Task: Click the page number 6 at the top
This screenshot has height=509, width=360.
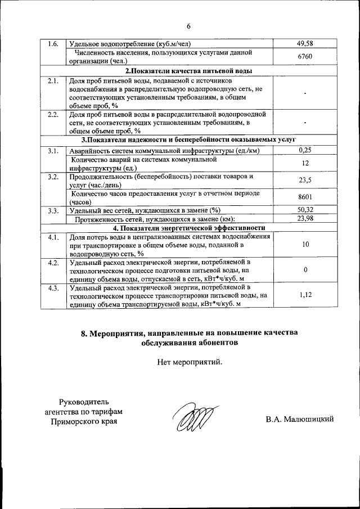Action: coord(189,26)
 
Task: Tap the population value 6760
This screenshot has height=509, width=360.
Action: coord(304,57)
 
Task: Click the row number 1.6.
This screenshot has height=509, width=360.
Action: coord(53,43)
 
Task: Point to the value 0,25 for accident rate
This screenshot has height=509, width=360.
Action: coord(304,150)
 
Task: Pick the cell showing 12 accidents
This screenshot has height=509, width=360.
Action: coord(304,163)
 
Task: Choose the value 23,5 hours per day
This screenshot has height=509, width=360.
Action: coord(304,181)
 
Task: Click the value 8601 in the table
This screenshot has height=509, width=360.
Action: coord(304,197)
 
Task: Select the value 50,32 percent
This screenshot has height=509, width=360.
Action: coord(304,210)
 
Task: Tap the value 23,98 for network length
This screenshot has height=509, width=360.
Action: coord(304,219)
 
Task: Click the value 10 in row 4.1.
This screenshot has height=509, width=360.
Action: coord(305,245)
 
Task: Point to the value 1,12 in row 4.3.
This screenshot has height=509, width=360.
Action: coord(305,294)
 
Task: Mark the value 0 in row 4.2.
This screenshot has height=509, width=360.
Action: coord(305,269)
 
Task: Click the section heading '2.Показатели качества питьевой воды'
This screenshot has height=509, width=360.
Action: coord(188,71)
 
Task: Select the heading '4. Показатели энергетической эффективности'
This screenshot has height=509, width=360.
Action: coord(188,228)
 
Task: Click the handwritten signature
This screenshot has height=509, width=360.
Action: coord(192,420)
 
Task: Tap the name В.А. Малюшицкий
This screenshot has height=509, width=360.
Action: coord(300,419)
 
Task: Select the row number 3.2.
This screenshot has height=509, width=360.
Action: coord(53,177)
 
